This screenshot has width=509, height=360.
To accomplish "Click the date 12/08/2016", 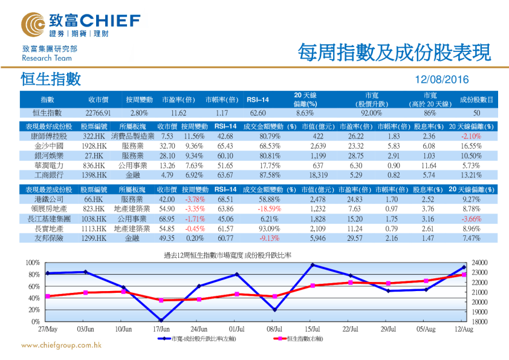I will point(442,80).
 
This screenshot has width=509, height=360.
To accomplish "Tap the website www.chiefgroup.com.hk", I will point(61,345).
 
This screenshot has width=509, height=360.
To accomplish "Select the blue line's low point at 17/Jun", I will point(161,320).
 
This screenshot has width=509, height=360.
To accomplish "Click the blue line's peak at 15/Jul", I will point(313,264).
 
